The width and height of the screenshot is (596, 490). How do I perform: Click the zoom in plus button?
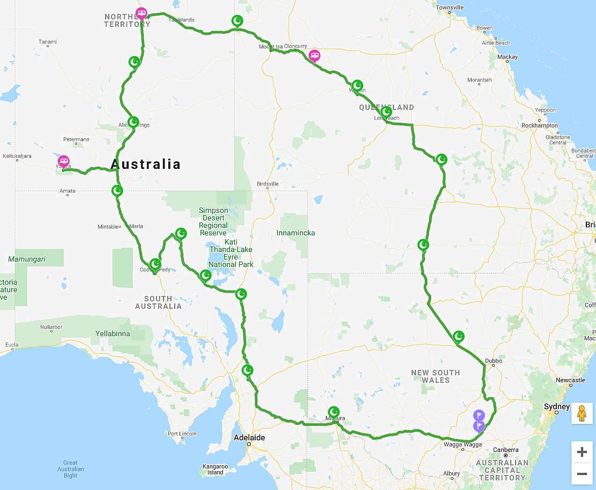tap(582, 452)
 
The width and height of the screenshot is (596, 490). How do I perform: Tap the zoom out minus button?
tap(582, 474)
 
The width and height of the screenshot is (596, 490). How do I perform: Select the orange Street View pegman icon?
tap(582, 413)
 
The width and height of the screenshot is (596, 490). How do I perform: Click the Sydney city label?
tap(556, 407)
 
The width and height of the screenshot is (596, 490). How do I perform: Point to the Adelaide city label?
tap(249, 437)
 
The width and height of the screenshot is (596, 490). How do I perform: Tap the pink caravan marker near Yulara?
tap(63, 161)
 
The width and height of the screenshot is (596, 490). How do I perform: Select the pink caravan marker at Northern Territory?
tap(141, 13)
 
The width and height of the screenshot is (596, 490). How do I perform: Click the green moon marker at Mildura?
tap(334, 412)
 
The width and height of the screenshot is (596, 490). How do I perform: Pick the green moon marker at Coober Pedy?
tap(155, 263)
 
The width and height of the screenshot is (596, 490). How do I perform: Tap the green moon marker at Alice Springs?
tap(133, 122)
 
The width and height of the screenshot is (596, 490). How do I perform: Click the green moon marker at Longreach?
tap(386, 112)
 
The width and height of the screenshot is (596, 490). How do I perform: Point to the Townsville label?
tap(450, 8)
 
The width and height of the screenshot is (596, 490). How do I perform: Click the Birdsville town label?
tap(267, 184)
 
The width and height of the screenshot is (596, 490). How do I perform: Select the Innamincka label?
tap(295, 233)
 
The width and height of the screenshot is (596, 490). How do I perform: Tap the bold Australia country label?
tap(146, 164)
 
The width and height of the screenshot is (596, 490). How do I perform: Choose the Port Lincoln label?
tap(182, 434)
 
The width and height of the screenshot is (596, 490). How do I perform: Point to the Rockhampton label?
tap(539, 125)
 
